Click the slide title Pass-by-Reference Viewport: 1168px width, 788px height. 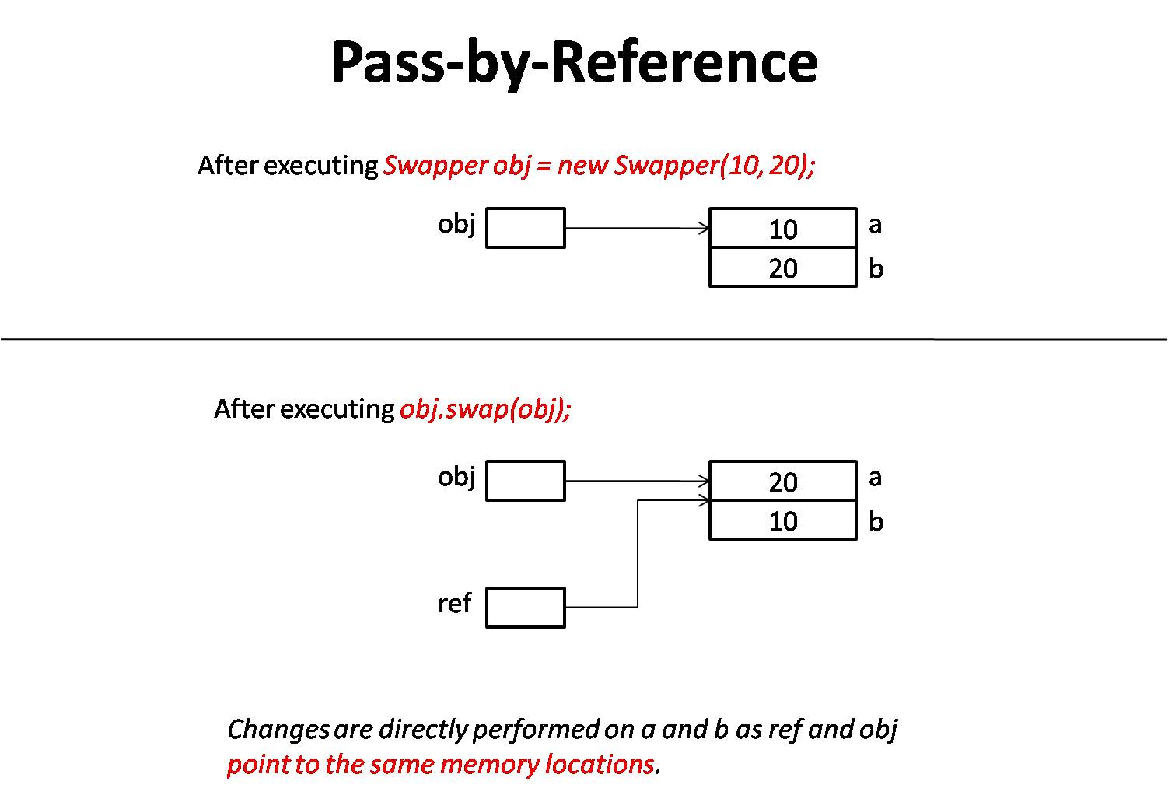click(x=574, y=62)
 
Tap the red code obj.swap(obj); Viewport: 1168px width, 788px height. click(x=485, y=409)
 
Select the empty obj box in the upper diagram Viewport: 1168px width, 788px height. click(x=526, y=228)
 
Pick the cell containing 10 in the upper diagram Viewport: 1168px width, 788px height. click(x=783, y=229)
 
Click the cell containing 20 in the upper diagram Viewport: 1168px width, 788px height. click(x=783, y=268)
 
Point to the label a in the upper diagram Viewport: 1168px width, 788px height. click(x=876, y=225)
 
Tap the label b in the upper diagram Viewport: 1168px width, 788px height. click(x=876, y=268)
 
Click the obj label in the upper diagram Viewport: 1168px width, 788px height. click(x=456, y=224)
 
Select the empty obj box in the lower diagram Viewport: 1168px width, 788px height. click(x=526, y=481)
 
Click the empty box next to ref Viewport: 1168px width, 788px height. click(x=526, y=608)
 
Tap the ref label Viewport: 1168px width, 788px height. click(x=454, y=603)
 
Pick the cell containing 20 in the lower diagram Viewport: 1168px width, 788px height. click(x=783, y=482)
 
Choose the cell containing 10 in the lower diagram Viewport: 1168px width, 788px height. click(x=783, y=521)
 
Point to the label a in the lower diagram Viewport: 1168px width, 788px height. click(x=876, y=477)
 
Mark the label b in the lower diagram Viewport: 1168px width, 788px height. click(x=876, y=521)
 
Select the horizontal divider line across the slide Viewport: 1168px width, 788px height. click(x=583, y=339)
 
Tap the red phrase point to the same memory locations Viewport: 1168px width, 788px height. click(x=440, y=765)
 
